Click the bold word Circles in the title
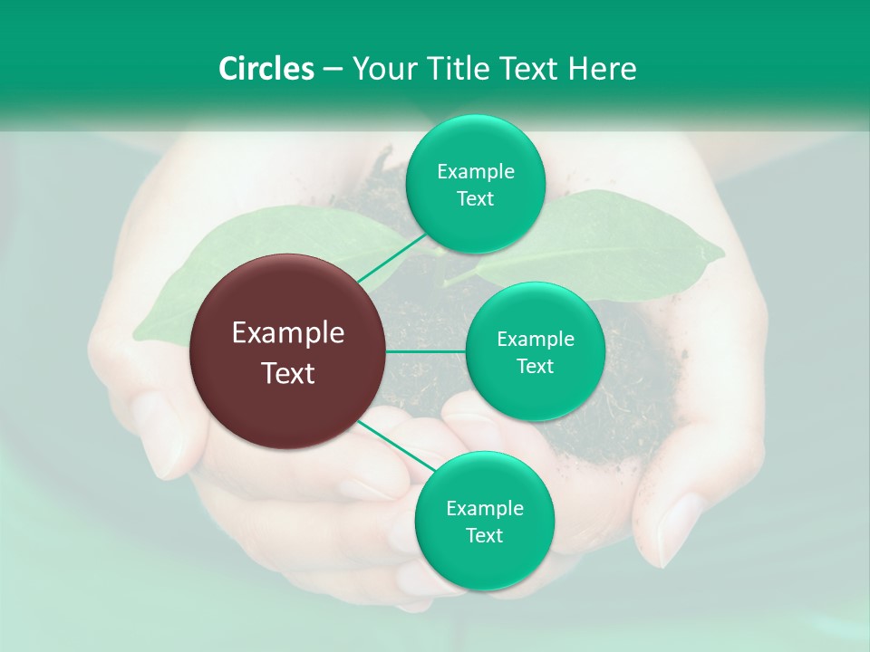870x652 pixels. click(x=266, y=69)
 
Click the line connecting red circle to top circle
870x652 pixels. click(x=391, y=257)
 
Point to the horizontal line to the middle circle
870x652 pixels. click(x=425, y=351)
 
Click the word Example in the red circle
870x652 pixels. click(x=288, y=333)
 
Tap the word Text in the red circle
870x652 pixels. click(x=288, y=373)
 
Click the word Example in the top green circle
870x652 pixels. click(x=475, y=171)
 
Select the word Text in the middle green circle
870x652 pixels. click(x=535, y=367)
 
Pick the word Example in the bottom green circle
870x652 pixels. click(x=484, y=508)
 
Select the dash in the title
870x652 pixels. click(x=333, y=69)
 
